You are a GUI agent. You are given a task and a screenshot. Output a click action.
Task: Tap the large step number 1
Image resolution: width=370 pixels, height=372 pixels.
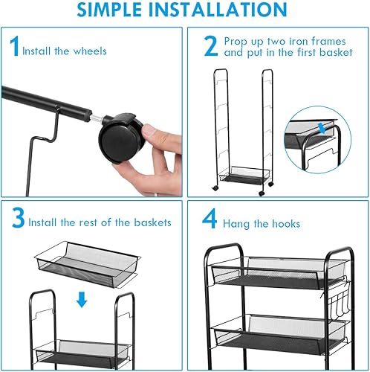13,49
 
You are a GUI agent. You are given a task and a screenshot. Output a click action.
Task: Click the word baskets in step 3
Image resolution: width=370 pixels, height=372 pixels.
147,222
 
